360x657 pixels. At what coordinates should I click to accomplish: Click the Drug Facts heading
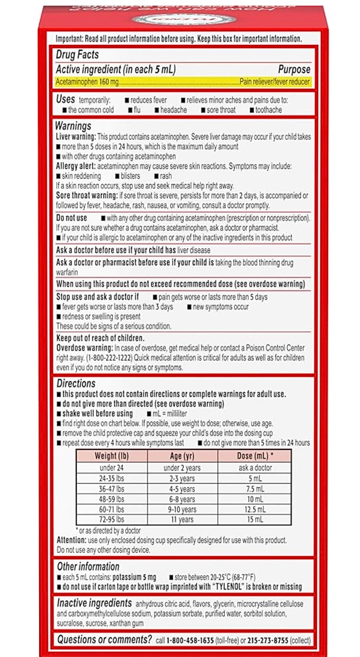pyautogui.click(x=77, y=55)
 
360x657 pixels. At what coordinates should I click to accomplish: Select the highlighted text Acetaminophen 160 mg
pyautogui.click(x=87, y=82)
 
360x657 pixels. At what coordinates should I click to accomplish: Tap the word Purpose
pyautogui.click(x=294, y=69)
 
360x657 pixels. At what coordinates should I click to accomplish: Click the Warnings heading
pyautogui.click(x=73, y=126)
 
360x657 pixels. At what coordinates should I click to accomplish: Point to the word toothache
pyautogui.click(x=268, y=110)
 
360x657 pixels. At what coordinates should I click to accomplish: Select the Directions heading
pyautogui.click(x=76, y=383)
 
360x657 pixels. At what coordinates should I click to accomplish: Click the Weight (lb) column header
pyautogui.click(x=112, y=456)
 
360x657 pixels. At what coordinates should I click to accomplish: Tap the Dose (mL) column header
pyautogui.click(x=255, y=456)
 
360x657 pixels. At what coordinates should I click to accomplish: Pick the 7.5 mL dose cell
pyautogui.click(x=255, y=489)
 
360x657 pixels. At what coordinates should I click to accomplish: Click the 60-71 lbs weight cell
pyautogui.click(x=112, y=509)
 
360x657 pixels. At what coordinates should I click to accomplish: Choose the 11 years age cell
pyautogui.click(x=182, y=519)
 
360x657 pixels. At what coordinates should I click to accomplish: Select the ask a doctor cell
pyautogui.click(x=255, y=468)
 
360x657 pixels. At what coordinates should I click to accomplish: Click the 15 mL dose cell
pyautogui.click(x=255, y=519)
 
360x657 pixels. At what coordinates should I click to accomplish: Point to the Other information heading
pyautogui.click(x=88, y=567)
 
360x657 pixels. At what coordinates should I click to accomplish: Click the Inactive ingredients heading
pyautogui.click(x=94, y=603)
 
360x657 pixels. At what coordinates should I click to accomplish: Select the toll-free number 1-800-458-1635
pyautogui.click(x=190, y=640)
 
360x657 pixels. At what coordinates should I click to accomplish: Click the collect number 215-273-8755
pyautogui.click(x=268, y=640)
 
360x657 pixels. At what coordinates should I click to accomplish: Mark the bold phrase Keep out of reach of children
pyautogui.click(x=100, y=338)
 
